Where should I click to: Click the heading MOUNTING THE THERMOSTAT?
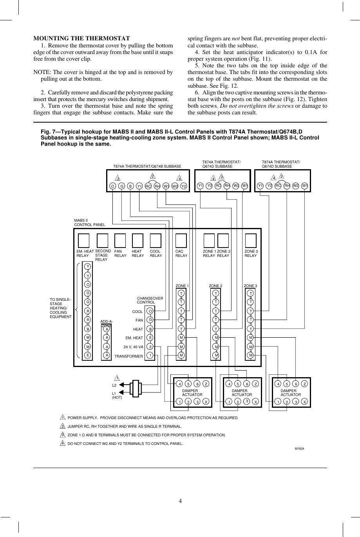pyautogui.click(x=81, y=38)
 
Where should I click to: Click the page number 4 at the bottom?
pyautogui.click(x=180, y=501)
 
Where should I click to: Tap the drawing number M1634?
pyautogui.click(x=300, y=448)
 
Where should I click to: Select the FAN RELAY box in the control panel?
pyautogui.click(x=119, y=240)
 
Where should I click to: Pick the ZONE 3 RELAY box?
pyautogui.click(x=250, y=240)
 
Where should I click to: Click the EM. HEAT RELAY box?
pyautogui.click(x=83, y=240)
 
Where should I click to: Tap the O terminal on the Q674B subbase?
pyautogui.click(x=113, y=186)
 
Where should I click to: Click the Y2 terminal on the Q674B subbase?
pyautogui.click(x=184, y=186)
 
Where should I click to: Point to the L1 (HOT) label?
pyautogui.click(x=117, y=395)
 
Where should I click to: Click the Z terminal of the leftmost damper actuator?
pyautogui.click(x=206, y=384)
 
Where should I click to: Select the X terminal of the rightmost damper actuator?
pyautogui.click(x=304, y=402)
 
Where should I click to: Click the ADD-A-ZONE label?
pyautogui.click(x=106, y=324)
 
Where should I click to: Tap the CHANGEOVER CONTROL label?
pyautogui.click(x=150, y=300)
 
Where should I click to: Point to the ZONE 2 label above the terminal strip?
pyautogui.click(x=215, y=286)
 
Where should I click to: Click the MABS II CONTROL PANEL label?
pyautogui.click(x=89, y=223)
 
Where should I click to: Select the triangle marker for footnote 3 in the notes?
pyautogui.click(x=62, y=435)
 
